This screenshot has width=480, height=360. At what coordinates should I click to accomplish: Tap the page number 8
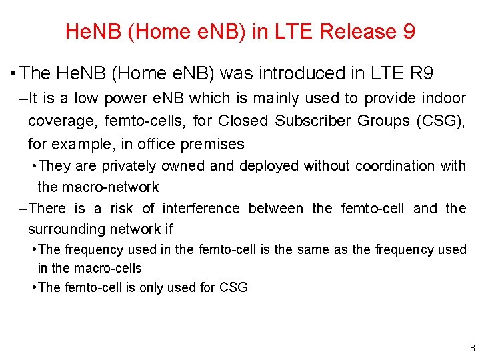click(x=472, y=348)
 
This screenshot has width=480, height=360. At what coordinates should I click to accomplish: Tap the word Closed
click(x=243, y=121)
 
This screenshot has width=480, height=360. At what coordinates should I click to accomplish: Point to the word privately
click(x=126, y=165)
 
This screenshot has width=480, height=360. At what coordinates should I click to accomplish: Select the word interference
click(x=201, y=209)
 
